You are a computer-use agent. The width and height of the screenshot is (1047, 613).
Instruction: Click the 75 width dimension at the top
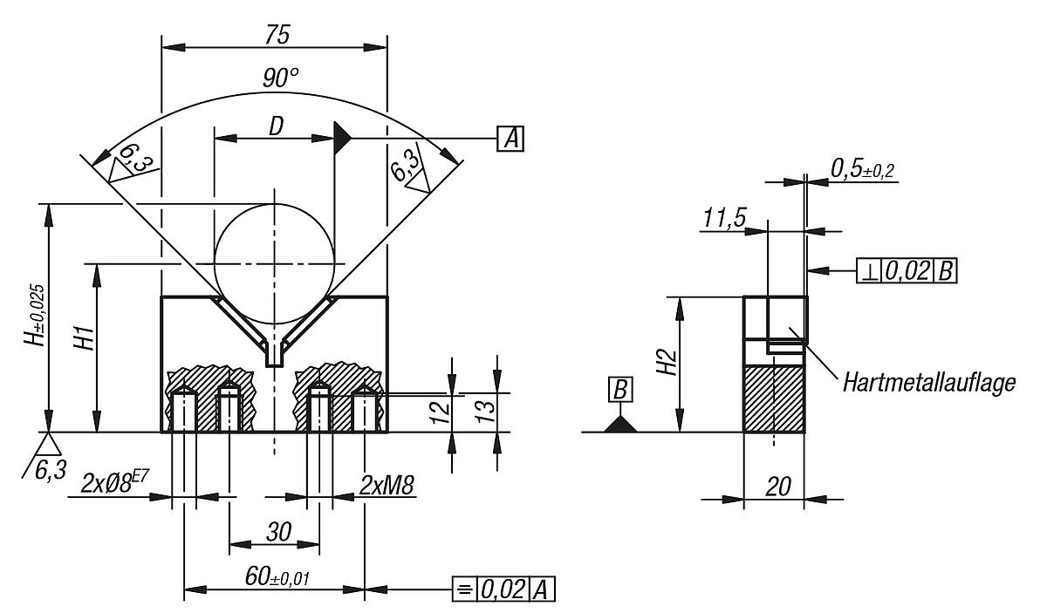[x=277, y=36]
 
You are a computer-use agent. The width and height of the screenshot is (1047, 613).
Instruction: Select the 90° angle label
[x=280, y=78]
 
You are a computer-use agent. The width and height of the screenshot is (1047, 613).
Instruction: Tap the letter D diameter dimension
[x=276, y=126]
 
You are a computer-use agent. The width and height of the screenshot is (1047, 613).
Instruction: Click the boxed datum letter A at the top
[x=510, y=139]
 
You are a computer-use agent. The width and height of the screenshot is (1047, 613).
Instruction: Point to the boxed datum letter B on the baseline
[x=620, y=389]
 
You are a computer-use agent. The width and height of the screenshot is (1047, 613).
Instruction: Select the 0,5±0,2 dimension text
[x=862, y=169]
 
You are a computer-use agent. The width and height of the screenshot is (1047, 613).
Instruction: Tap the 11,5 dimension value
[x=724, y=218]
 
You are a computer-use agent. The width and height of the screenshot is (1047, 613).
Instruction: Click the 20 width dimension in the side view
[x=778, y=487]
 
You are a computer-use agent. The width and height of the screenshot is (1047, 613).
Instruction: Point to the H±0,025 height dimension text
[x=35, y=315]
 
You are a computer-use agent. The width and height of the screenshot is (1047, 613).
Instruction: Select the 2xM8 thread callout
[x=387, y=486]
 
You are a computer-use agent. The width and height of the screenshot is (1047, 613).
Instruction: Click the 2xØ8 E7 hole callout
[x=114, y=484]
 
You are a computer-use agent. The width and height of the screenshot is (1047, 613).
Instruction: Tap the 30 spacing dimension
[x=278, y=533]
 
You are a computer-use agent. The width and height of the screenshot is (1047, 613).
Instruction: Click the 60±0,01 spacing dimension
[x=277, y=576]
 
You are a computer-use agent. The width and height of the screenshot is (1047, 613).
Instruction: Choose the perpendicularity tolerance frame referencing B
[x=907, y=270]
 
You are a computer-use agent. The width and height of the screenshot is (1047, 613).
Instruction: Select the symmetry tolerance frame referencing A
[x=504, y=589]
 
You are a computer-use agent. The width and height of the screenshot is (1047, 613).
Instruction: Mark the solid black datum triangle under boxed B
[x=620, y=425]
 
